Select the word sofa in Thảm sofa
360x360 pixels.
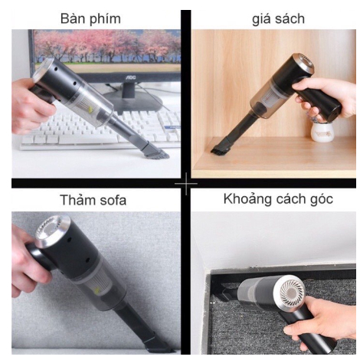click(110, 201)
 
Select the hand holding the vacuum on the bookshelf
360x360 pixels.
click(333, 100)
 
